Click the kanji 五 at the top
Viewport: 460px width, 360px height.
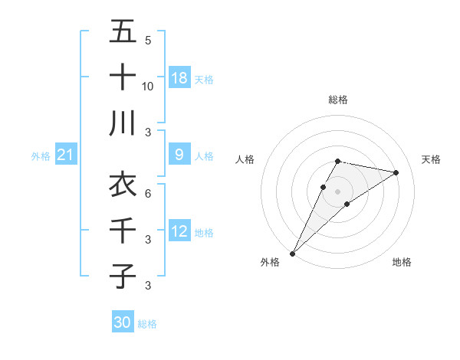click(x=123, y=31)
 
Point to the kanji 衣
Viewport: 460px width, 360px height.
click(x=123, y=184)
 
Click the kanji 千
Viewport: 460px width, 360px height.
click(x=123, y=230)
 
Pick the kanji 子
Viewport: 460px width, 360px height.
click(x=123, y=276)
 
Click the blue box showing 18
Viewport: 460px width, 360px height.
click(x=179, y=78)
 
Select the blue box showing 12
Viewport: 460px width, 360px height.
click(x=179, y=232)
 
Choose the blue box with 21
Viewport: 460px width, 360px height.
click(x=65, y=155)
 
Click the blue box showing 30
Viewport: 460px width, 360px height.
click(x=123, y=322)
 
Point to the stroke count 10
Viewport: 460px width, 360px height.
click(x=148, y=86)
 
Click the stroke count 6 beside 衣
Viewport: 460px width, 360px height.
click(x=148, y=193)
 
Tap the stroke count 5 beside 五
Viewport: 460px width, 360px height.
click(x=148, y=40)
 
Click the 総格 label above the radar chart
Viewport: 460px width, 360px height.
click(x=338, y=100)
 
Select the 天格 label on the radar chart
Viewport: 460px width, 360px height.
click(x=431, y=159)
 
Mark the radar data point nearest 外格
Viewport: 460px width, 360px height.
click(x=292, y=253)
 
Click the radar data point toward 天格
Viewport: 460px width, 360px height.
click(x=396, y=172)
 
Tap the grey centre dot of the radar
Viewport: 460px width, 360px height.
click(x=338, y=191)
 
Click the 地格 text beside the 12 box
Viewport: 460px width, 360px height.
click(x=204, y=233)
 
